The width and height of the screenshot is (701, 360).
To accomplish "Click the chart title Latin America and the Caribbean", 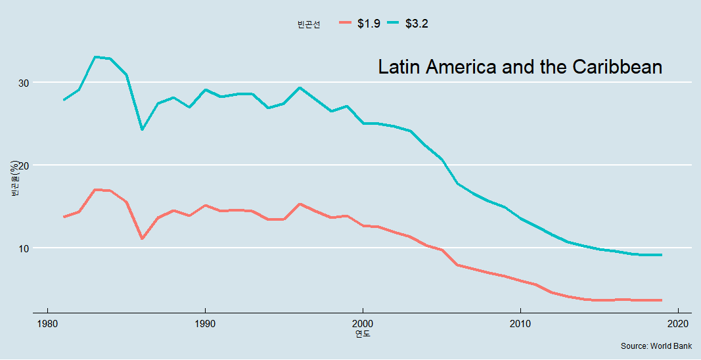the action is [520, 67].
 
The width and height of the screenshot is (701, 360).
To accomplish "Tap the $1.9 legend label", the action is [369, 24].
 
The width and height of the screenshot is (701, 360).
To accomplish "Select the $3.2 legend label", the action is [417, 24].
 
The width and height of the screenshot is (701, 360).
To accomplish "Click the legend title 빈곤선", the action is [309, 24].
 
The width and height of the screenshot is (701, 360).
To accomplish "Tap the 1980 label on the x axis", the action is [47, 323].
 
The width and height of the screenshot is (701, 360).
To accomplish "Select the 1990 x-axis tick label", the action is [205, 323].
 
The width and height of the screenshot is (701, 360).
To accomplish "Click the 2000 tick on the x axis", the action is [363, 323].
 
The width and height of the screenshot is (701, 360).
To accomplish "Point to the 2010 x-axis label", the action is [520, 323].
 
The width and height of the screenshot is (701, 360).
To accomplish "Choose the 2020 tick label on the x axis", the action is [678, 323].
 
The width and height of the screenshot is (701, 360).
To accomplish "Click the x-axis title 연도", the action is [363, 334].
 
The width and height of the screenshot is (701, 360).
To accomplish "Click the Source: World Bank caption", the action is [656, 346].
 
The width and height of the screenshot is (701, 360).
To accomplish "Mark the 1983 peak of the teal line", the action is [95, 57].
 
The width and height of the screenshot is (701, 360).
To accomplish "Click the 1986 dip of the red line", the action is [142, 238].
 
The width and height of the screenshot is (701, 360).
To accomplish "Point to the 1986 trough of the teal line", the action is [142, 129].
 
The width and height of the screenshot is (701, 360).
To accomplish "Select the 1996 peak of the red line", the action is [300, 204].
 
